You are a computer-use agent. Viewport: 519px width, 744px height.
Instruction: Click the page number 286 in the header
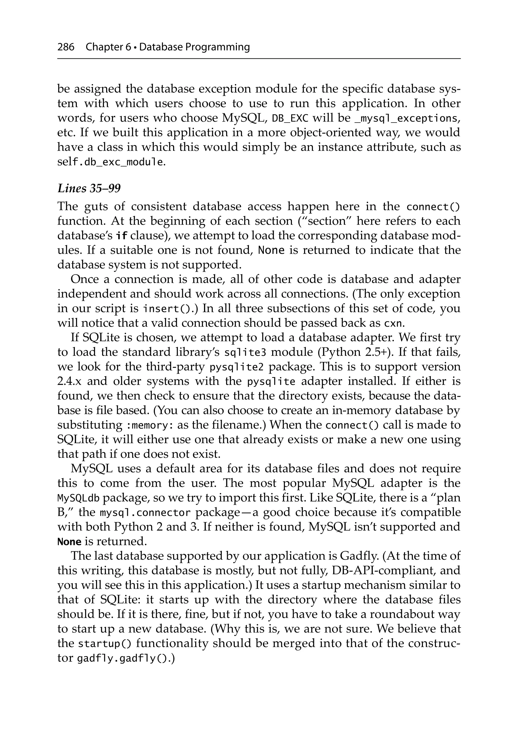coord(66,47)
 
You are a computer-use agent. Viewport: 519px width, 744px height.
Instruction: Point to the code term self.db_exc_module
coord(110,162)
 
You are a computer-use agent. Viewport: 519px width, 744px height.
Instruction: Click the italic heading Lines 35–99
coord(89,188)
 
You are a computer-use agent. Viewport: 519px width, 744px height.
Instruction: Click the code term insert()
coord(165,309)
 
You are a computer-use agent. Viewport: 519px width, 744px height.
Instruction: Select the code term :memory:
coord(149,425)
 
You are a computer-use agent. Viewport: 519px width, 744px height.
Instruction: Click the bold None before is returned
coord(69,542)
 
